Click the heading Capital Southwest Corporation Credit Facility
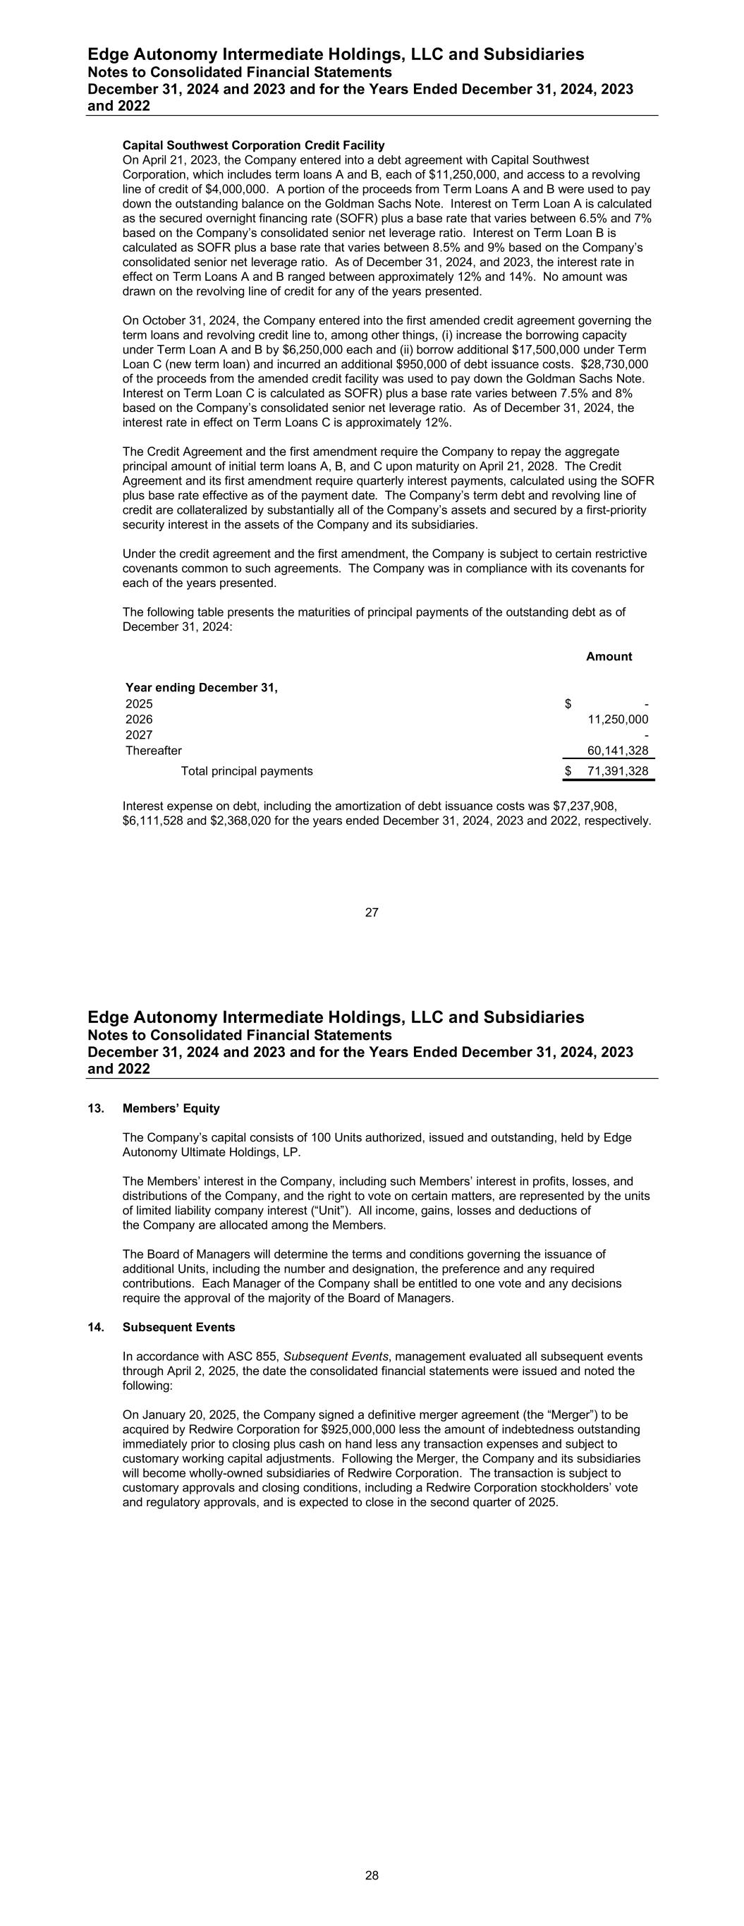pos(253,145)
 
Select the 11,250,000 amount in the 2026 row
pos(618,720)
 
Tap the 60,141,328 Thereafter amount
pos(618,751)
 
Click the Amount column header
pos(609,656)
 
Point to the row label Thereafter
pos(153,751)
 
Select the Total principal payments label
pos(247,771)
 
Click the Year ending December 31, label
pos(201,688)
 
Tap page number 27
pos(372,912)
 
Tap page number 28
pos(372,1874)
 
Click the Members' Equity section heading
pos(171,1108)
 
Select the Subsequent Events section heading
pos(178,1327)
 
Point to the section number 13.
pos(94,1108)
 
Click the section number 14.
pos(94,1327)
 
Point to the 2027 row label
pos(139,735)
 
